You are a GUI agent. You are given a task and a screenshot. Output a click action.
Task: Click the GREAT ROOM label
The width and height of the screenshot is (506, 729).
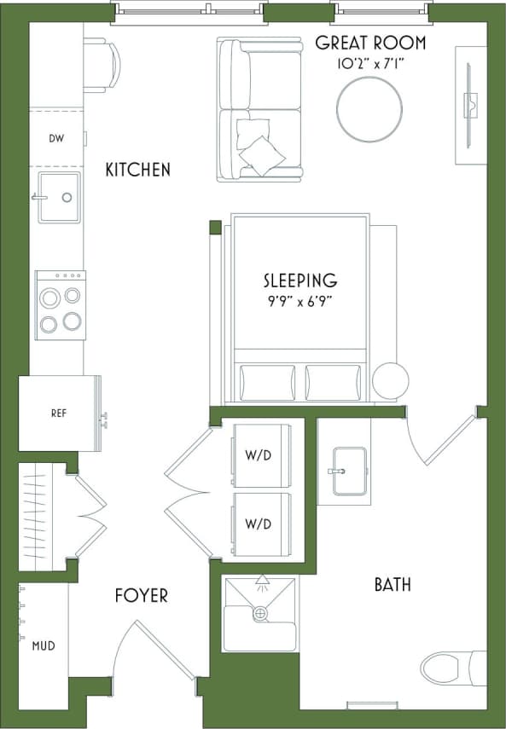[x=370, y=43]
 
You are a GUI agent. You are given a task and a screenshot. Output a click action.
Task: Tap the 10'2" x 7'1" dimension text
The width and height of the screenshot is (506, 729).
[x=370, y=62]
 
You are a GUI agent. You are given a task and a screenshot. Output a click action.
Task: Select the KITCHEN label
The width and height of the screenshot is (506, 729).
[x=137, y=170]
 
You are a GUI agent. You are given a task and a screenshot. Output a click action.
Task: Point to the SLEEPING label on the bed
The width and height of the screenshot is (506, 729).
[x=300, y=280]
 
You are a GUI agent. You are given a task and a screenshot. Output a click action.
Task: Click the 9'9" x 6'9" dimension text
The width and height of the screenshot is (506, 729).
[x=300, y=299]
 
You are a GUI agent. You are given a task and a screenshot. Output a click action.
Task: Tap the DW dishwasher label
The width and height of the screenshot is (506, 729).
[x=55, y=138]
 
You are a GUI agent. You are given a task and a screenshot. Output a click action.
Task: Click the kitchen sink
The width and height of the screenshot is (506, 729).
[x=58, y=197]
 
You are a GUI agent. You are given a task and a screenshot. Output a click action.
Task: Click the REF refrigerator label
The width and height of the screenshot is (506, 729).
[x=58, y=414]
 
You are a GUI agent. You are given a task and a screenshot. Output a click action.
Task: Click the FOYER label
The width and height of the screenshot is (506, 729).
[x=141, y=595]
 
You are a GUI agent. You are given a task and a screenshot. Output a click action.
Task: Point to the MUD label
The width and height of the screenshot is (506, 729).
[x=44, y=645]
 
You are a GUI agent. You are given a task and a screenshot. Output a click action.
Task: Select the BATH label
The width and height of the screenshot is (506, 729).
[x=393, y=584]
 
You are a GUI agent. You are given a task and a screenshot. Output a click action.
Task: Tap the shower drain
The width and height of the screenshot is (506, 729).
[x=259, y=612]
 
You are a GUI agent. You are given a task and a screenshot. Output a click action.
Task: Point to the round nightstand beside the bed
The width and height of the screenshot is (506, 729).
[x=391, y=380]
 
